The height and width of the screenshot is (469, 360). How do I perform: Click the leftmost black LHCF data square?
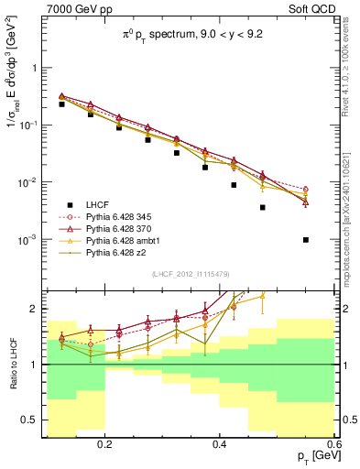[x=61, y=104]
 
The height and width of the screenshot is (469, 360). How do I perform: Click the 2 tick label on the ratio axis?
[x=38, y=309]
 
